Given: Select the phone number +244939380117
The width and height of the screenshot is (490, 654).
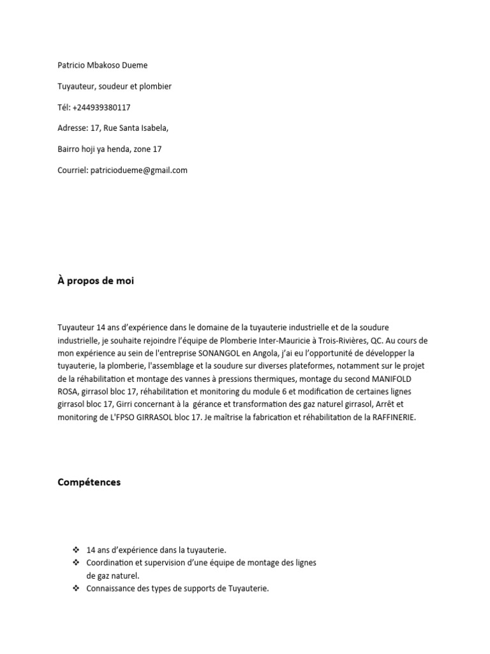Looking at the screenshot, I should click(x=101, y=107).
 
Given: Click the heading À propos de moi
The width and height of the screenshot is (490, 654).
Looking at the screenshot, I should click(x=96, y=281).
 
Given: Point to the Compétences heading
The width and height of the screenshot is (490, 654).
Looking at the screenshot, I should click(x=89, y=482).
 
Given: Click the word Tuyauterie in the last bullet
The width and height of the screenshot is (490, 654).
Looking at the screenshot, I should click(x=248, y=589).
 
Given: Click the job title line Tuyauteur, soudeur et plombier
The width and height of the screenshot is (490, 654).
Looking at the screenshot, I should click(x=114, y=86).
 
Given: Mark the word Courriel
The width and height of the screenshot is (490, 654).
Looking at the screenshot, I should click(x=72, y=171).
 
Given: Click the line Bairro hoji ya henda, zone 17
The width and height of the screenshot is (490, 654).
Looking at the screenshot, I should click(x=109, y=149).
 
